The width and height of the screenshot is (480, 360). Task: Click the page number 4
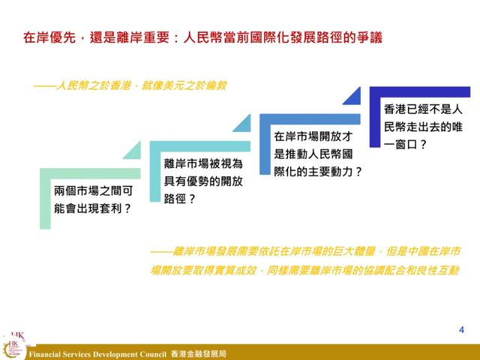461,330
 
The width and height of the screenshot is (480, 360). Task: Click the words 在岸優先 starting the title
49,37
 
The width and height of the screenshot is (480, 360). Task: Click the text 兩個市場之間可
93,191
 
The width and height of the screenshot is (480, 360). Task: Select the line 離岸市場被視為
203,163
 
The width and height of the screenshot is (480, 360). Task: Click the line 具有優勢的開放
203,181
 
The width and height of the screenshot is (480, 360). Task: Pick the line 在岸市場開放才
313,136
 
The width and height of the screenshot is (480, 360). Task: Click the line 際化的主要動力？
318,172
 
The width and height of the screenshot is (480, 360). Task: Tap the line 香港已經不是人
423,109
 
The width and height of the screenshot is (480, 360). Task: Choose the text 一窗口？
405,144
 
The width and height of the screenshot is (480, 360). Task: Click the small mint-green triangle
135,153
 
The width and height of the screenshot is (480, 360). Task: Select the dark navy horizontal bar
420,91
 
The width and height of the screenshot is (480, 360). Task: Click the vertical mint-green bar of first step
45,198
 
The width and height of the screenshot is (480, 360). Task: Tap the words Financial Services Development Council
97,355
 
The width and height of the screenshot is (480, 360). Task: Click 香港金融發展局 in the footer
198,354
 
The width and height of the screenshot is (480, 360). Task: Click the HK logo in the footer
13,347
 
